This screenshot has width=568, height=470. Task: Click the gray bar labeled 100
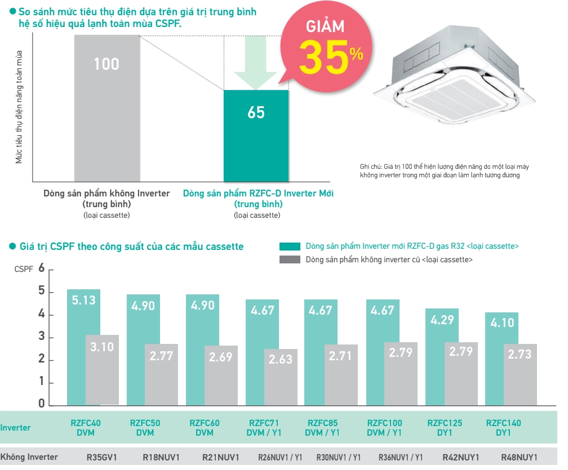pos(106,107)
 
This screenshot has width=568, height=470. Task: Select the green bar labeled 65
pos(256,135)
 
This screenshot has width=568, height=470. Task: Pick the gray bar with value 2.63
pos(281,377)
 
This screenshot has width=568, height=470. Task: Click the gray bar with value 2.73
pos(520,374)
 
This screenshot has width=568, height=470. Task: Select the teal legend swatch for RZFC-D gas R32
pos(290,247)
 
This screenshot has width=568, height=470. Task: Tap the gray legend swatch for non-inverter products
pos(290,260)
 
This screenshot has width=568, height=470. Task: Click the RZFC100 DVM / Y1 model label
pos(385,428)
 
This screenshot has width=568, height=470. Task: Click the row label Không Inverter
pos(29,457)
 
